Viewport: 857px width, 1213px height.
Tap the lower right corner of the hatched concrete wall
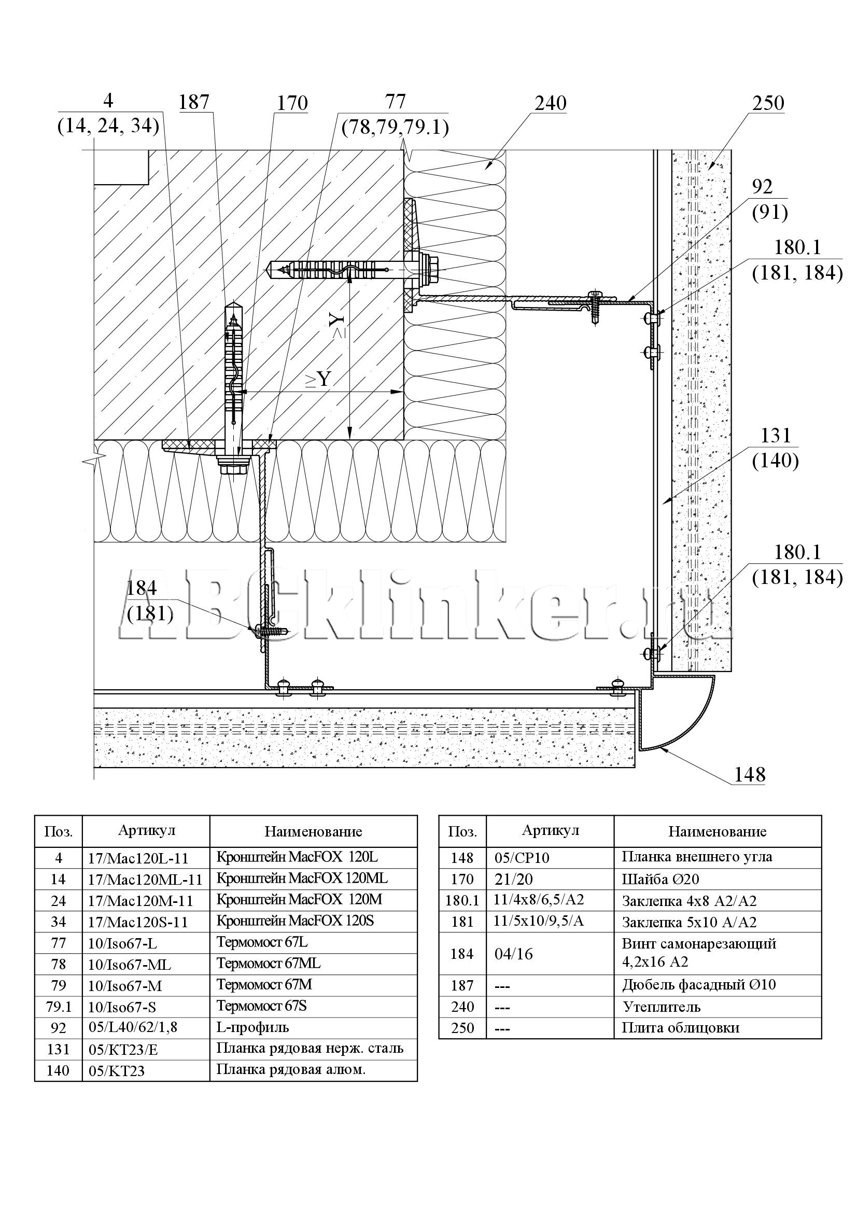[404, 440]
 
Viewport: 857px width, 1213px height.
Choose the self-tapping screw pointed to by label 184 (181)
[272, 630]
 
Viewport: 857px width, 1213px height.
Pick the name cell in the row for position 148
[718, 857]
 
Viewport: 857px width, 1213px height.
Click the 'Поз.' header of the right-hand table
[462, 831]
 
